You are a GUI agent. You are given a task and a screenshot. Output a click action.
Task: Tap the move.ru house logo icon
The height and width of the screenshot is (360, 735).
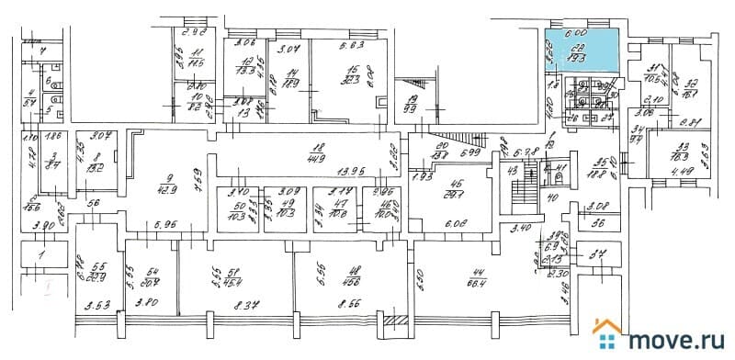pyautogui.click(x=608, y=336)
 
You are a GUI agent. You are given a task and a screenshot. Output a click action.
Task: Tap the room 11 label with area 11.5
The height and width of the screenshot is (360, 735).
pyautogui.click(x=194, y=61)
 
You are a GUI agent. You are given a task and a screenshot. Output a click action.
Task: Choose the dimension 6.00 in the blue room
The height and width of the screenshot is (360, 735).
pyautogui.click(x=575, y=31)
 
